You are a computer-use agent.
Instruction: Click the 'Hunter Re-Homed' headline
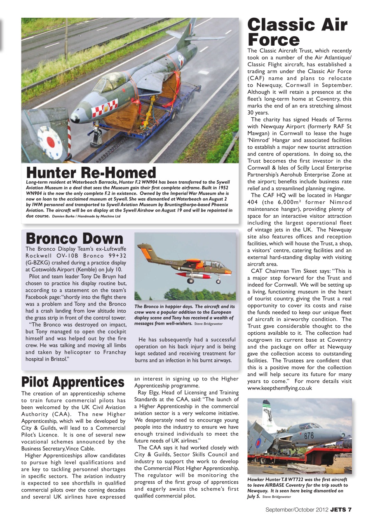pyautogui.click(x=91, y=173)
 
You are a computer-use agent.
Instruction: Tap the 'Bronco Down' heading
pyautogui.click(x=75, y=238)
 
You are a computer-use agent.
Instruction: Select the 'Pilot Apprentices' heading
pyautogui.click(x=73, y=382)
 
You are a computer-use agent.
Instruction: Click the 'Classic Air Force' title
pyautogui.click(x=297, y=32)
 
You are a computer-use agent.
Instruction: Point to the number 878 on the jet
pyautogui.click(x=309, y=436)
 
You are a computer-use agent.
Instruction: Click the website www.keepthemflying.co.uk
pyautogui.click(x=280, y=388)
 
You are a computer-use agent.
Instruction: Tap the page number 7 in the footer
pyautogui.click(x=350, y=509)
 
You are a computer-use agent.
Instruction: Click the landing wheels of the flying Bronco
pyautogui.click(x=190, y=281)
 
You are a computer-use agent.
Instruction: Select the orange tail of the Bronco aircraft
pyautogui.click(x=145, y=252)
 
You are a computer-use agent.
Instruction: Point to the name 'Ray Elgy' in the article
pyautogui.click(x=150, y=392)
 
